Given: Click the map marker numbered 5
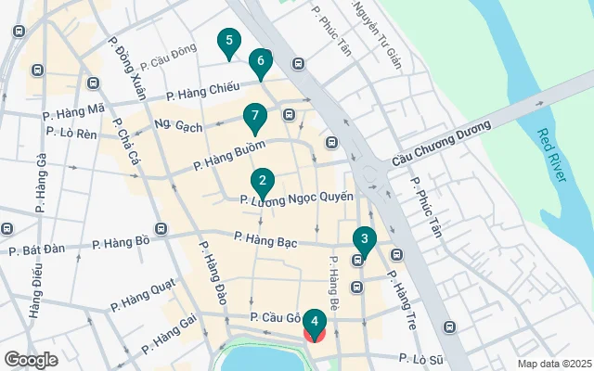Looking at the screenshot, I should tap(228, 42).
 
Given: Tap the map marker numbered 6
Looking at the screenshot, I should tap(261, 62).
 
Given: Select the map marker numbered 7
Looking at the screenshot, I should tap(254, 117).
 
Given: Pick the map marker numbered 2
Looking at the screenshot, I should tap(263, 182).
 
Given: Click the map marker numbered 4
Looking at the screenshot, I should tap(315, 323).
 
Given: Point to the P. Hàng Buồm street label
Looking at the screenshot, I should tap(229, 155).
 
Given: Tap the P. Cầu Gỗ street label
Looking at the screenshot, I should tap(276, 318).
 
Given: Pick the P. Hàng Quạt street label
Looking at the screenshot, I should tap(142, 299).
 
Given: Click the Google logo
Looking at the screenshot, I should tap(32, 359).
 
